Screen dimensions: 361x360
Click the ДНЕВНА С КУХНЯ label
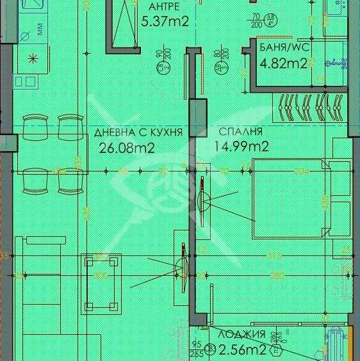coord(138,132)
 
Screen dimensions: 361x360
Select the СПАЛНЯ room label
coord(241,132)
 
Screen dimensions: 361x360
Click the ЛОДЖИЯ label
coord(242,334)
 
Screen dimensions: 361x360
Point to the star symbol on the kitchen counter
coord(32,58)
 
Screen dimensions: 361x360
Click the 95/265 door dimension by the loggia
coord(197,349)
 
